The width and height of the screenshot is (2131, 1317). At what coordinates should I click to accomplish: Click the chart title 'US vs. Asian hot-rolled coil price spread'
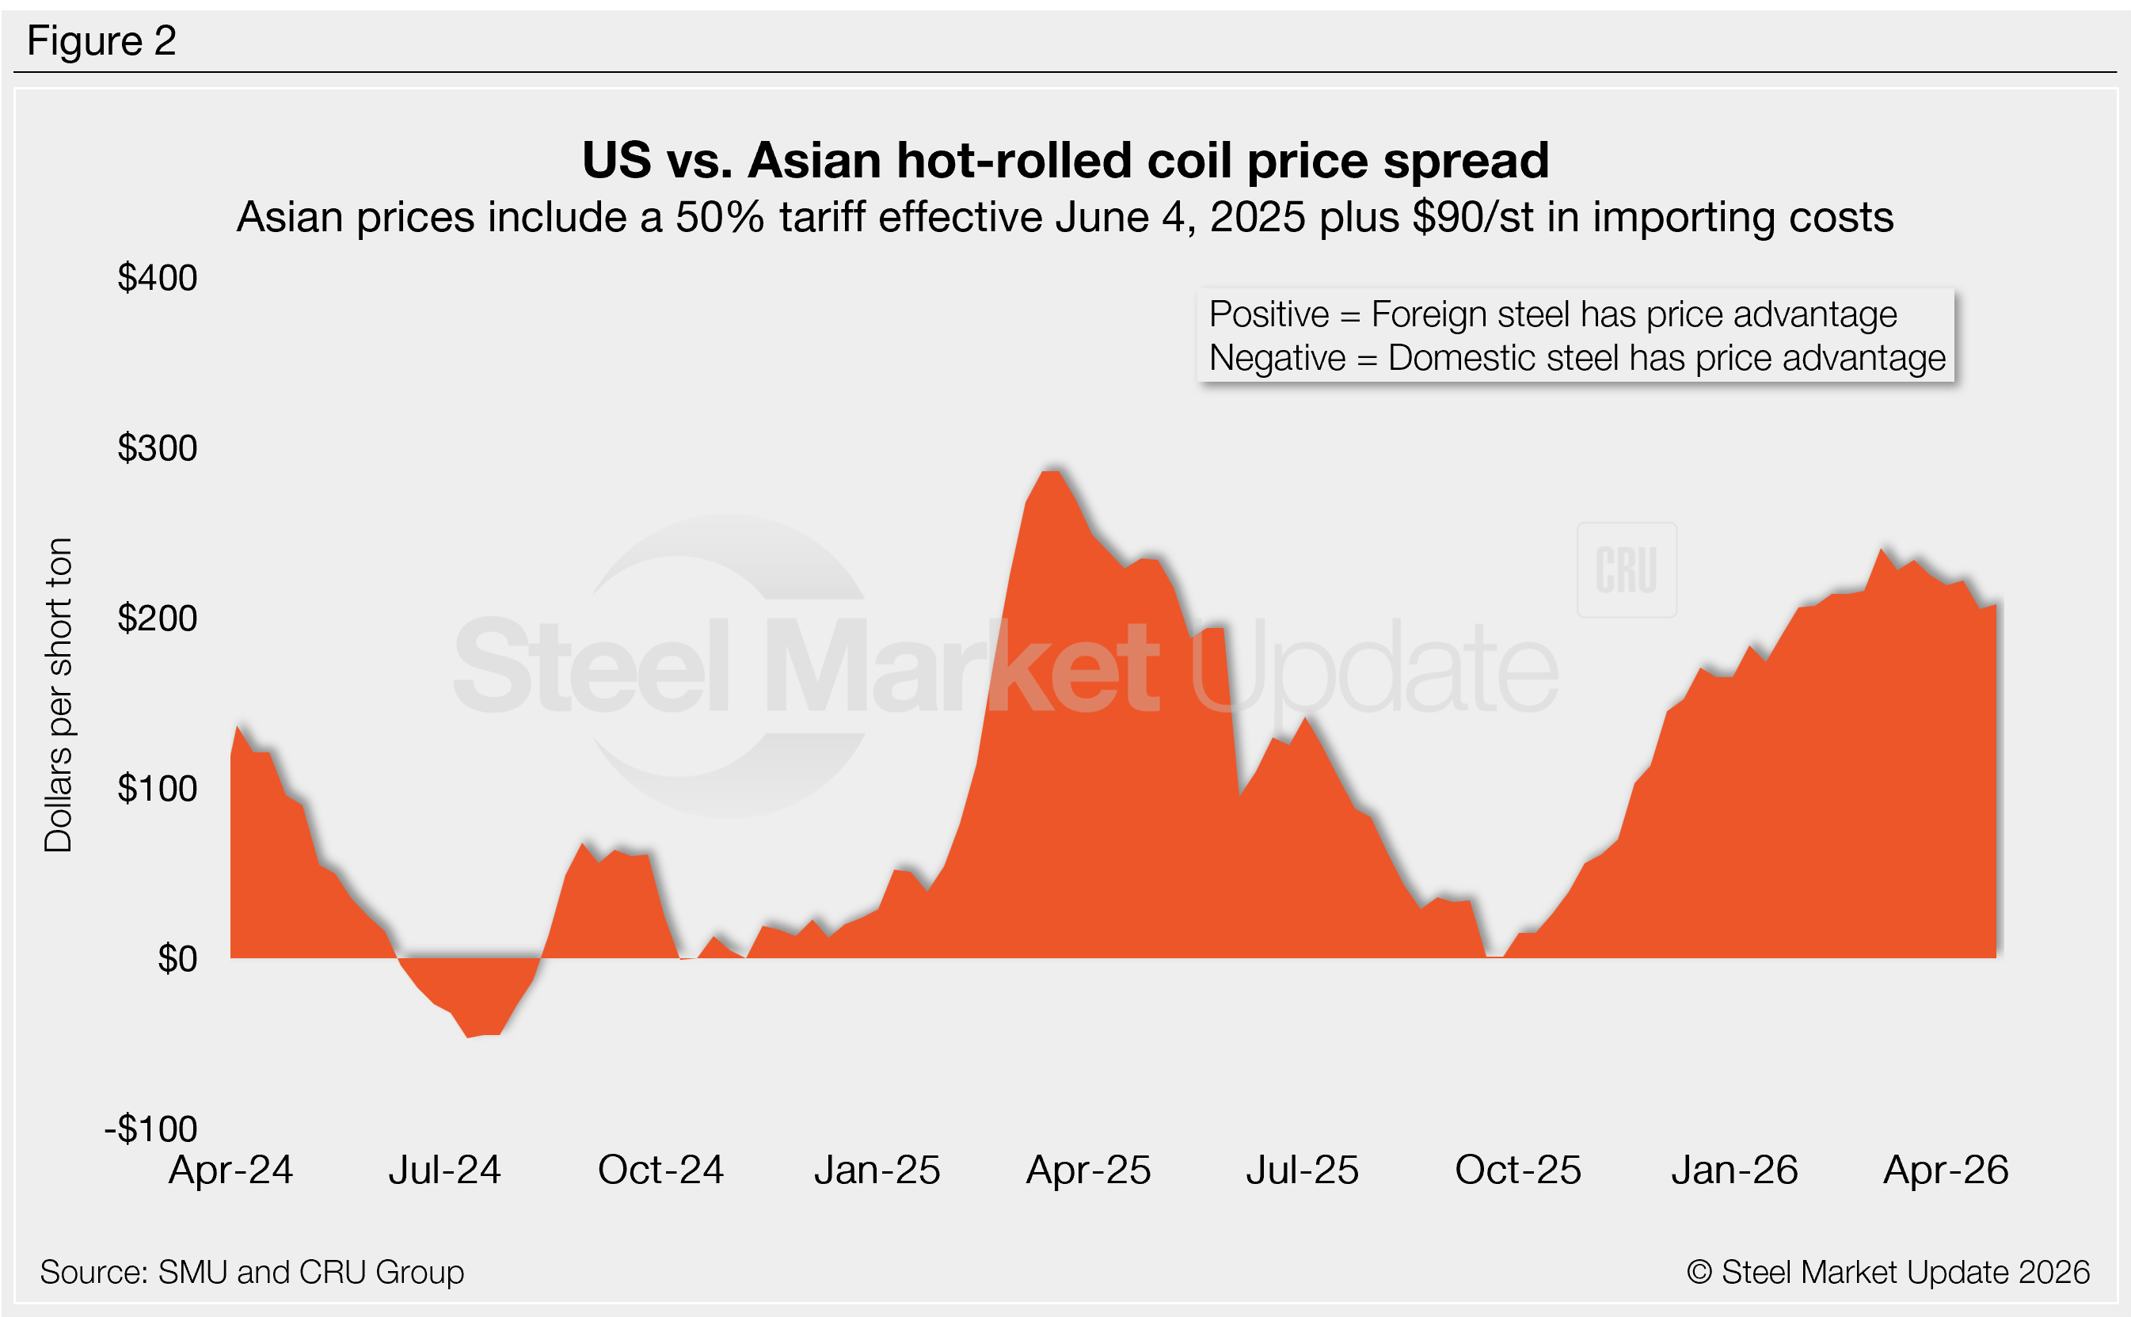pos(1065,160)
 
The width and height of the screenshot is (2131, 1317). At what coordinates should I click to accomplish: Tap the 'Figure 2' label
pos(102,41)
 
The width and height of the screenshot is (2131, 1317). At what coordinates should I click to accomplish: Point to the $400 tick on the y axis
pos(158,278)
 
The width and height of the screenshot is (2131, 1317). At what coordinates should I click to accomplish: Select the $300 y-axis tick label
pos(158,448)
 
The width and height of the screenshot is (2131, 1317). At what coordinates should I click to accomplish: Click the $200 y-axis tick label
pos(158,619)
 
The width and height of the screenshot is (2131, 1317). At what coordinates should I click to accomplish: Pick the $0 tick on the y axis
pos(177,959)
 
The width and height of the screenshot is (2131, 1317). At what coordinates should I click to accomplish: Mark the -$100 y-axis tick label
pos(151,1129)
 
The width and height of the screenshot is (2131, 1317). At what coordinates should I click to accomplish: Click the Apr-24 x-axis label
pos(230,1170)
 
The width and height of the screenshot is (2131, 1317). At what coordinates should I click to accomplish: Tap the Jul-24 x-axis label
pos(444,1170)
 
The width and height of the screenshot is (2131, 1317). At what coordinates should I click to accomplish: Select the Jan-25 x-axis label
pos(877,1170)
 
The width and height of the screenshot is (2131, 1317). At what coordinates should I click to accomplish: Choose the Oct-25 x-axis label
pos(1518,1170)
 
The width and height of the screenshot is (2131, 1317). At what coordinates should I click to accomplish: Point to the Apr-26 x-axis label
pos(1946,1170)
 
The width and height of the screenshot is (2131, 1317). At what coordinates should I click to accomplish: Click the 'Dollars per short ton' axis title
pos(59,695)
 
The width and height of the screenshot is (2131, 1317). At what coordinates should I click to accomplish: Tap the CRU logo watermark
pos(1626,570)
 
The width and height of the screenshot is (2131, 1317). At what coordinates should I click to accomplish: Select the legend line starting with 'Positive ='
pos(1552,314)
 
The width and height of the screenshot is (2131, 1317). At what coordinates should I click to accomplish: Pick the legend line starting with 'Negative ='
pos(1576,358)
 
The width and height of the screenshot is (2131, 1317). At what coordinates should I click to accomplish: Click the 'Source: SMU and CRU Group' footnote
pos(252,1272)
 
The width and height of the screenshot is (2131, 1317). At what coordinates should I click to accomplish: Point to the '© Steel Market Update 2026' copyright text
pos(1887,1272)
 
